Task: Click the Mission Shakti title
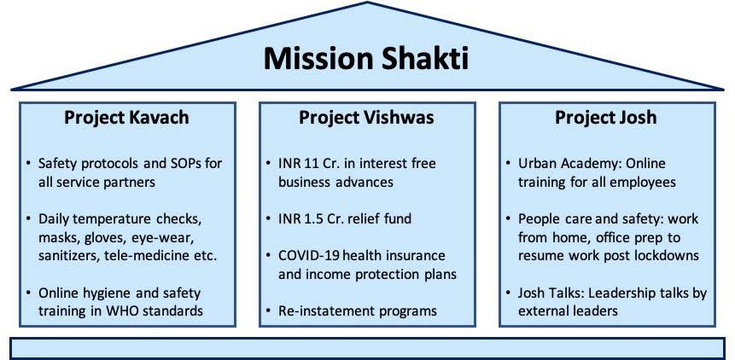[366, 59]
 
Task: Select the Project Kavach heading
[126, 118]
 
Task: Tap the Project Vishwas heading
[366, 118]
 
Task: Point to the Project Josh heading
[605, 118]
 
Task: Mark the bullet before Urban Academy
[509, 164]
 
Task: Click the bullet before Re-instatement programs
[269, 311]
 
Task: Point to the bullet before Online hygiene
[28, 294]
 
